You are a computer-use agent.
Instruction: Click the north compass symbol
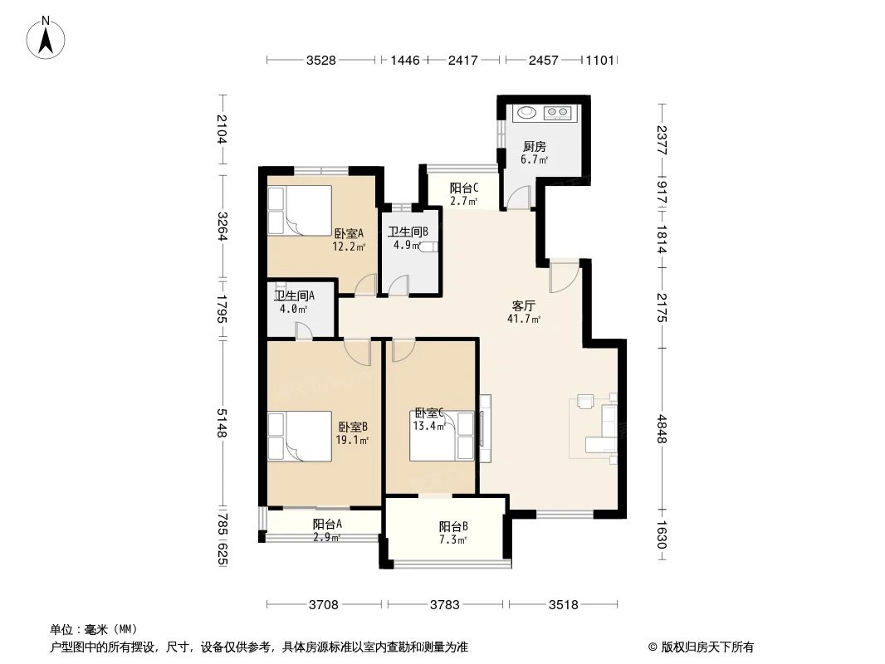click(47, 37)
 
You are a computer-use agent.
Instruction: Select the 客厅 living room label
click(524, 306)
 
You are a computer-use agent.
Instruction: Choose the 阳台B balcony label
click(453, 527)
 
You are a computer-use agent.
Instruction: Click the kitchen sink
click(525, 112)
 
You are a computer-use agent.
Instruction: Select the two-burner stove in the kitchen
click(557, 112)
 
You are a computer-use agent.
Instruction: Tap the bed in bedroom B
click(298, 436)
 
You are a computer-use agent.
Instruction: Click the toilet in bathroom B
click(427, 247)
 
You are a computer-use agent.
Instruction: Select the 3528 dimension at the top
click(322, 60)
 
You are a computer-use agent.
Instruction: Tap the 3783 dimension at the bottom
click(445, 604)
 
